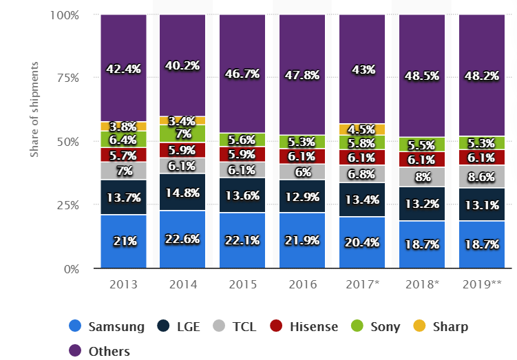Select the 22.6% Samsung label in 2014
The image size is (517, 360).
coord(182,240)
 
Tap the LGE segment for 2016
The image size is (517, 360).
coord(302,196)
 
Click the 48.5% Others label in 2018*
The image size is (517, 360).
coord(421,70)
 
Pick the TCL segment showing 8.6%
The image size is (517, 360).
coord(482,176)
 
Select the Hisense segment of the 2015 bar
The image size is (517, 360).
coord(242,153)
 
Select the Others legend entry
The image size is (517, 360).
coord(100,351)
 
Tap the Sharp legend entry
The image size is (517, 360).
coord(441,326)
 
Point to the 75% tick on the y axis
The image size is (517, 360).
coord(68,78)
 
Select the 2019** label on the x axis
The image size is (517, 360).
coord(482,284)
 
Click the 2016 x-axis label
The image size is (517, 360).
coord(302,284)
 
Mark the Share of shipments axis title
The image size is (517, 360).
coord(34,109)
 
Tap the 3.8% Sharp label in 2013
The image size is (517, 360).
coord(123,127)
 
